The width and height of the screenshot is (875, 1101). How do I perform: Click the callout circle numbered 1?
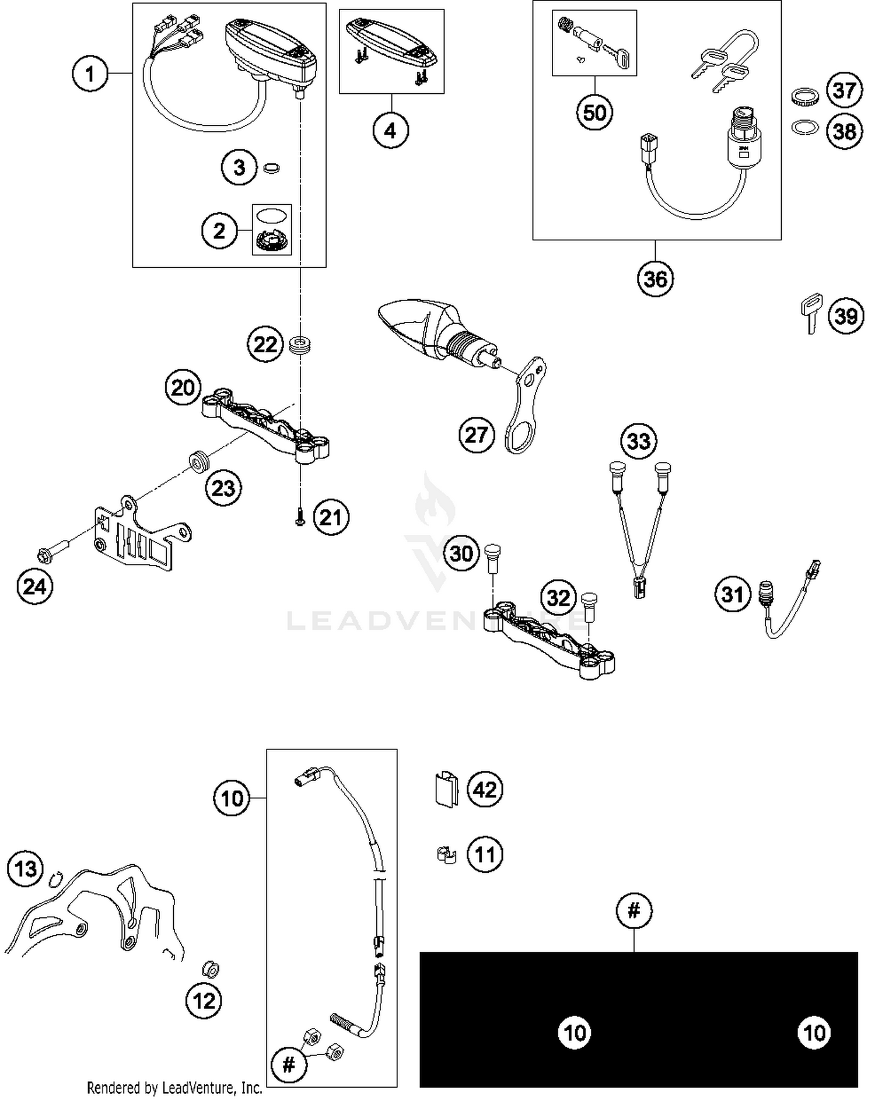90,74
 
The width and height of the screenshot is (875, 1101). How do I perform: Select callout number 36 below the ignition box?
655,279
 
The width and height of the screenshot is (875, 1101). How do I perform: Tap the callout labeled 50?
594,112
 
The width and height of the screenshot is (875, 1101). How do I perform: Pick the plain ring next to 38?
805,127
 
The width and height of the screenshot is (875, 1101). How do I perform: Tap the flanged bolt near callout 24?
52,550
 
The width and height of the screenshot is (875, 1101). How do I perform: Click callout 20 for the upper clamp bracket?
183,387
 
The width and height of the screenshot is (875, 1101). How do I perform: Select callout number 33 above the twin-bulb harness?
638,441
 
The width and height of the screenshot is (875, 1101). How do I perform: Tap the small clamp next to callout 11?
446,855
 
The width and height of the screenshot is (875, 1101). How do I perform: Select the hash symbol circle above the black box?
634,910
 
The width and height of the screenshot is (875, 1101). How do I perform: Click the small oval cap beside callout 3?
271,169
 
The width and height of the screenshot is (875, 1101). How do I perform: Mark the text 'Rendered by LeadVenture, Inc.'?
174,1088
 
